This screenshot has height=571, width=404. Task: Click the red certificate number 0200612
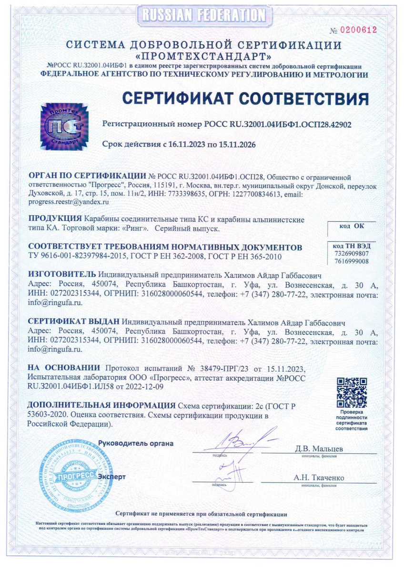pyautogui.click(x=357, y=30)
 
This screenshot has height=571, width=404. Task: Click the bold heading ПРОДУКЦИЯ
pyautogui.click(x=55, y=219)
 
